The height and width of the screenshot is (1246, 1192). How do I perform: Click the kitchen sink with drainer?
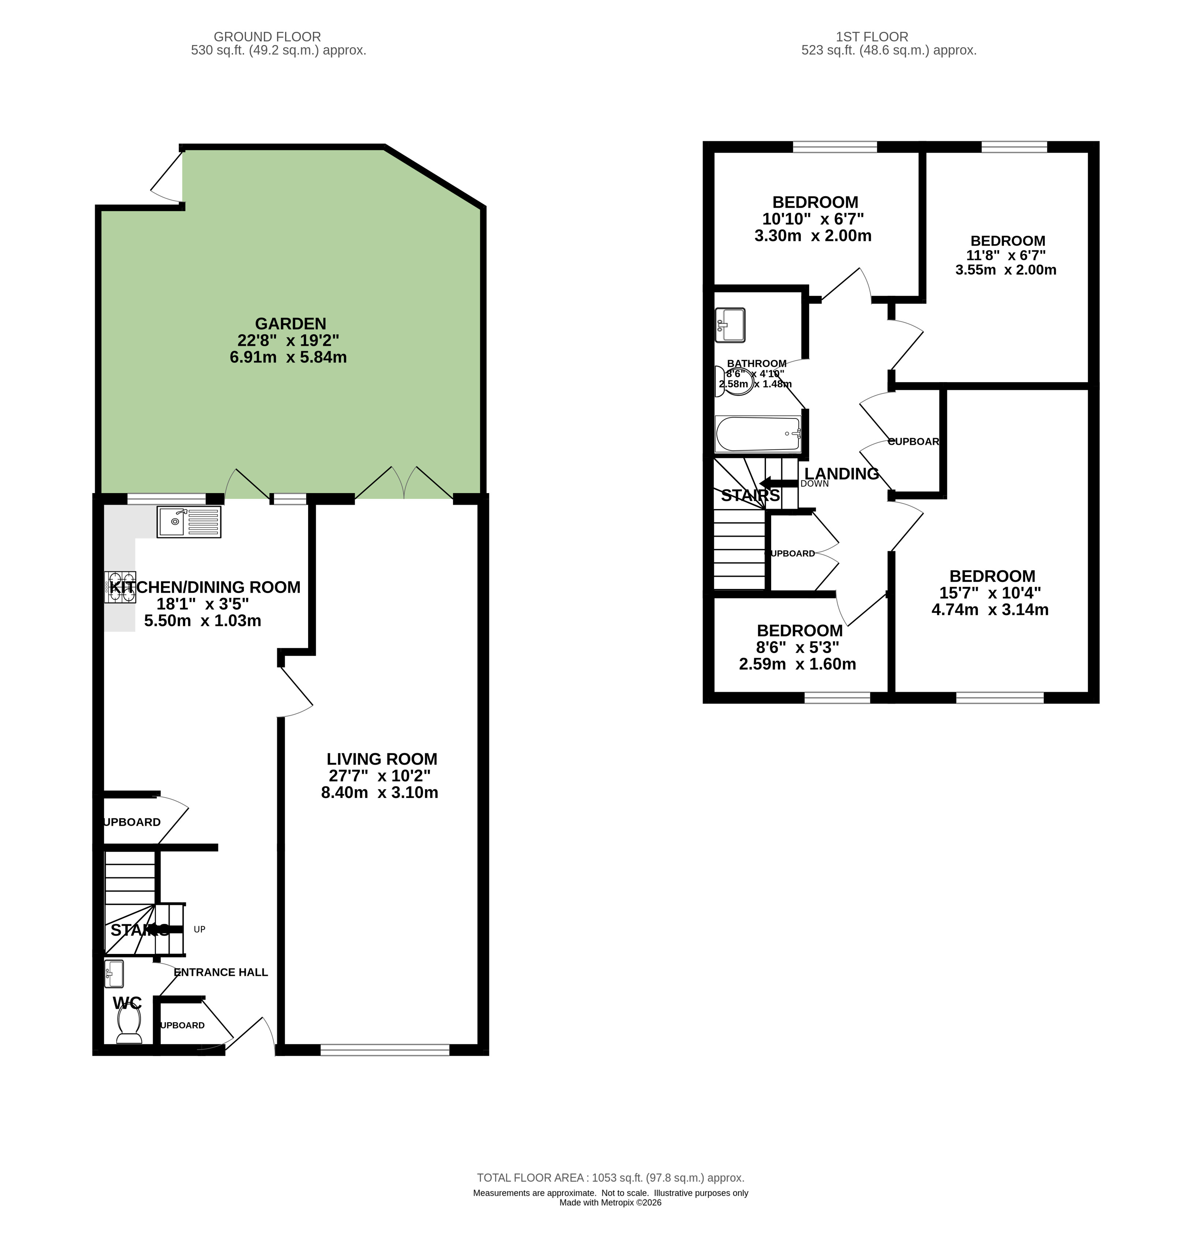[x=189, y=522]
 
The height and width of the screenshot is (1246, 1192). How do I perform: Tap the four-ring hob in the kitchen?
[x=120, y=588]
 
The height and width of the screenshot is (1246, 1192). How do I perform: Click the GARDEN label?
[x=290, y=324]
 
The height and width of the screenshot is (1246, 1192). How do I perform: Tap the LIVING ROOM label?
[x=381, y=759]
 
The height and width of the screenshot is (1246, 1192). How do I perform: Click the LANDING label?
[x=841, y=473]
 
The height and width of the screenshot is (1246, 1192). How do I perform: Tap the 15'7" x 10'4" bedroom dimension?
[x=990, y=593]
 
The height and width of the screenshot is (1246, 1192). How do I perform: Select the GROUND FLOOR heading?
[x=267, y=37]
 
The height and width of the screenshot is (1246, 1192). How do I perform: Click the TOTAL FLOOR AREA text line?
[x=610, y=1178]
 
